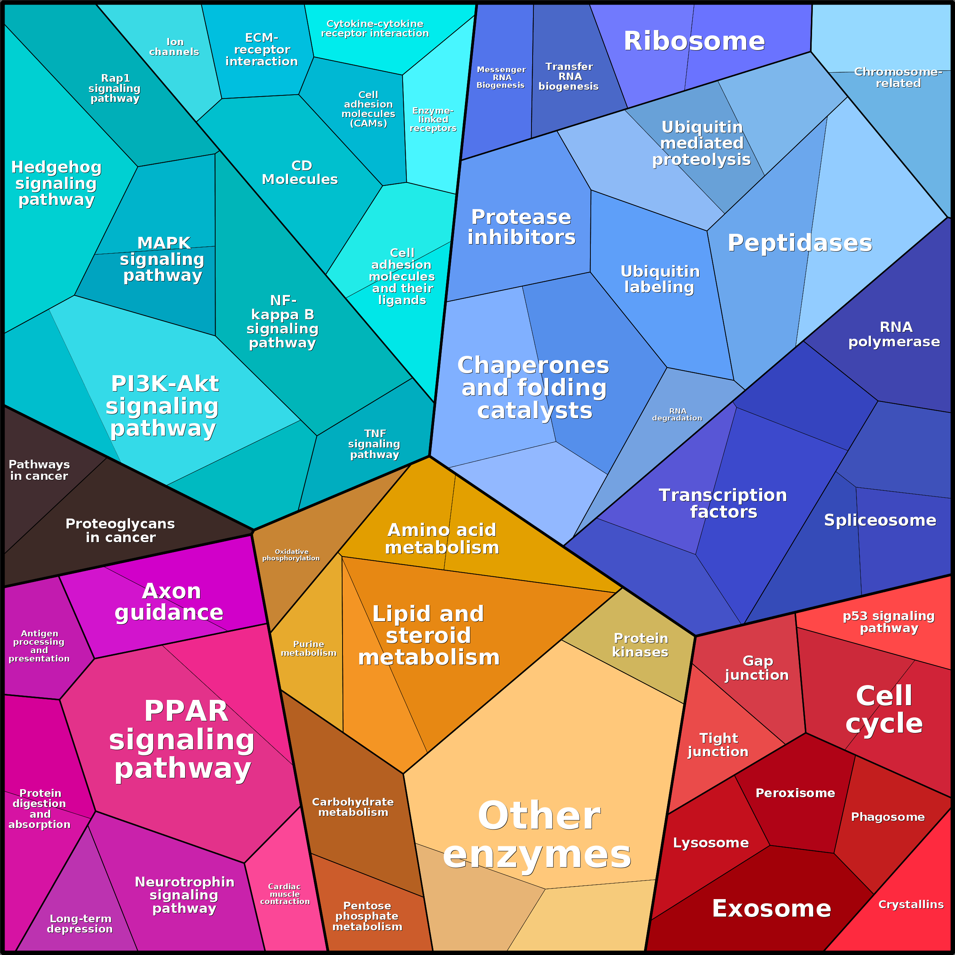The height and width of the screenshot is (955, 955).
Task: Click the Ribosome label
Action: click(694, 41)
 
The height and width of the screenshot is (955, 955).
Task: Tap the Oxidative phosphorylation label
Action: click(291, 555)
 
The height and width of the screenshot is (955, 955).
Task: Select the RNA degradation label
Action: click(677, 414)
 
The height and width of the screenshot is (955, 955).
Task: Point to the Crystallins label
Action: click(911, 904)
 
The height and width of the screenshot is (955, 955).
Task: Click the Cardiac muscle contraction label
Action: click(285, 894)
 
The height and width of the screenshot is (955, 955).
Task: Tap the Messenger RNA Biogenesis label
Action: click(501, 77)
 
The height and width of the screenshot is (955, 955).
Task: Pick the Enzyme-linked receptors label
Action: click(433, 119)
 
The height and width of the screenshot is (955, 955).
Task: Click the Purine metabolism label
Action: click(308, 648)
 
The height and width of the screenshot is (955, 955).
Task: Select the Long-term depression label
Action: click(80, 923)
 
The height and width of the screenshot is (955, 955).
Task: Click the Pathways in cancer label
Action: click(39, 470)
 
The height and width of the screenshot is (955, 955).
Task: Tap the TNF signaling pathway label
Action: click(374, 444)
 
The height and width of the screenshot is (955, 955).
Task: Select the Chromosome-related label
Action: click(898, 78)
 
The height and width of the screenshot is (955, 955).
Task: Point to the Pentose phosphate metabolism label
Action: click(367, 916)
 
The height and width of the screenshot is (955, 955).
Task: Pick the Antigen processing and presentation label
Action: click(39, 646)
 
